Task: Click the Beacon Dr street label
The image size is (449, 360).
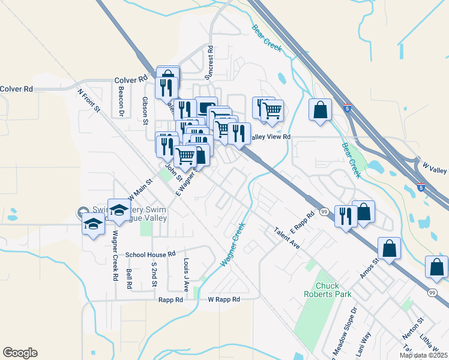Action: tap(121, 101)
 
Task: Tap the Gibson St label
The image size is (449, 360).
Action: tap(145, 110)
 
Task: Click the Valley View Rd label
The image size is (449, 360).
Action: tap(270, 137)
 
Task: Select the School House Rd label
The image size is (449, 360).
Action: tap(149, 254)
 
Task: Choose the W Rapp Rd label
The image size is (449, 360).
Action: tap(223, 299)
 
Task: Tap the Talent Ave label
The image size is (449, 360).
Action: tap(287, 238)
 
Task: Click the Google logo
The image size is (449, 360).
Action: tap(20, 353)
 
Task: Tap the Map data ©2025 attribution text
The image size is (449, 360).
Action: tap(423, 355)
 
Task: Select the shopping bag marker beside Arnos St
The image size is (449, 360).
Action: tap(389, 248)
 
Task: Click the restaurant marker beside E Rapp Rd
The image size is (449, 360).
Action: tap(346, 216)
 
